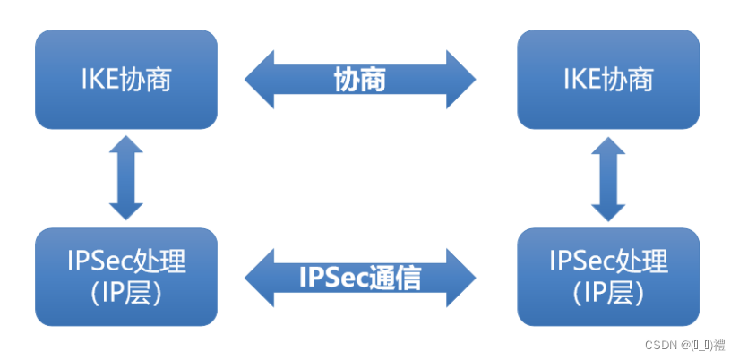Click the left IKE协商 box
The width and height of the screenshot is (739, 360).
[125, 79]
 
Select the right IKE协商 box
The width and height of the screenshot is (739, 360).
[608, 79]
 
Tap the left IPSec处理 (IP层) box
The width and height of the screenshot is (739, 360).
[125, 276]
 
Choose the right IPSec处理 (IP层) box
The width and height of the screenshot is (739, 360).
[608, 276]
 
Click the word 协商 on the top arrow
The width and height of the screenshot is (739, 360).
[360, 80]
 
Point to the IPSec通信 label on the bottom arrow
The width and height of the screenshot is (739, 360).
[360, 278]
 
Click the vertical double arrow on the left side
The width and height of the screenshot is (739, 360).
[125, 178]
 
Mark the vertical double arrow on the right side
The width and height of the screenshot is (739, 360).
[608, 178]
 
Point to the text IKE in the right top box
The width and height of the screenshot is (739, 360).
[581, 80]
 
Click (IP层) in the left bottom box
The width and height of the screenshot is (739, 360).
[125, 292]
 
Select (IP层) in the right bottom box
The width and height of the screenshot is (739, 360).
[608, 292]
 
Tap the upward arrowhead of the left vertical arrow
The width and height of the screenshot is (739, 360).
[125, 148]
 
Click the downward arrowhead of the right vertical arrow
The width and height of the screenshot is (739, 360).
[608, 210]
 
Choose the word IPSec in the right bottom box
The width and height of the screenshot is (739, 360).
[579, 261]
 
